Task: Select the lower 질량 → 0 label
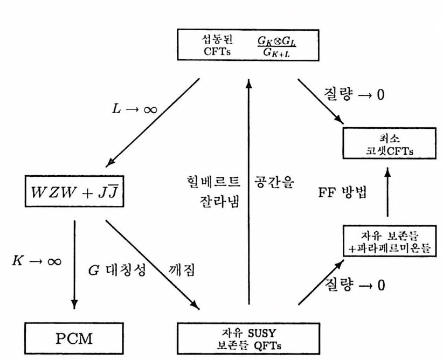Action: [x=354, y=284]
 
